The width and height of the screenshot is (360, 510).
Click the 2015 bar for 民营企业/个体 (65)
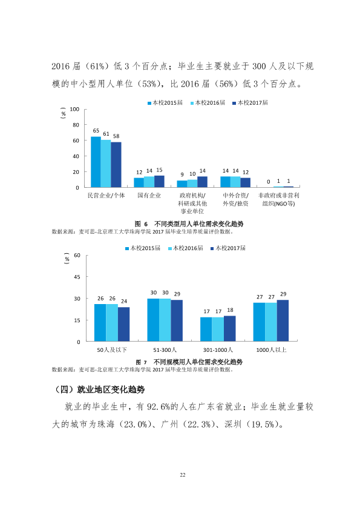click(x=96, y=162)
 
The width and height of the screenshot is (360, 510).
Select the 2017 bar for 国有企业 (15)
click(x=159, y=182)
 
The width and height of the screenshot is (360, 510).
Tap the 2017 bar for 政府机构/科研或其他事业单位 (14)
click(x=203, y=182)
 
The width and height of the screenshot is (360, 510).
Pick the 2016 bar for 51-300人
click(x=165, y=320)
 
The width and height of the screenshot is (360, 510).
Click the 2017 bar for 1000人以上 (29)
click(x=283, y=320)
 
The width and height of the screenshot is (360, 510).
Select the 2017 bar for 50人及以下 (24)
click(x=123, y=324)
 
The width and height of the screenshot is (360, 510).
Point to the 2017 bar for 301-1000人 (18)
click(x=230, y=328)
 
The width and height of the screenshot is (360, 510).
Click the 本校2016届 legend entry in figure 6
click(x=208, y=103)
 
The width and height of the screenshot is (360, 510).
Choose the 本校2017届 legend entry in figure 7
click(x=228, y=248)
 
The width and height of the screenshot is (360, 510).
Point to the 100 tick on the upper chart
click(x=74, y=109)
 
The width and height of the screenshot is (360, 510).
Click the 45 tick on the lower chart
click(x=77, y=277)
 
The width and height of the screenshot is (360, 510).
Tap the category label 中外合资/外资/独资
click(x=235, y=199)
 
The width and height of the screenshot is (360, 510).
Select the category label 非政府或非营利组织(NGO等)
click(x=278, y=199)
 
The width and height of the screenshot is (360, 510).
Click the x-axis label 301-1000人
click(x=218, y=350)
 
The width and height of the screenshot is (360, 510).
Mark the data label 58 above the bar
click(x=116, y=136)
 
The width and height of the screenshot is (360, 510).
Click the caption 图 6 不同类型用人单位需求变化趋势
click(x=189, y=224)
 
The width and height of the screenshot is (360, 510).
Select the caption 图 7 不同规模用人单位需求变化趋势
click(x=189, y=362)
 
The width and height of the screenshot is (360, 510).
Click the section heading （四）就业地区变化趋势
click(x=99, y=389)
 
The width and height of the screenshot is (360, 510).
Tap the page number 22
click(x=183, y=475)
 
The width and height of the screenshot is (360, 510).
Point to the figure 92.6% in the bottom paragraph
click(x=159, y=407)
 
